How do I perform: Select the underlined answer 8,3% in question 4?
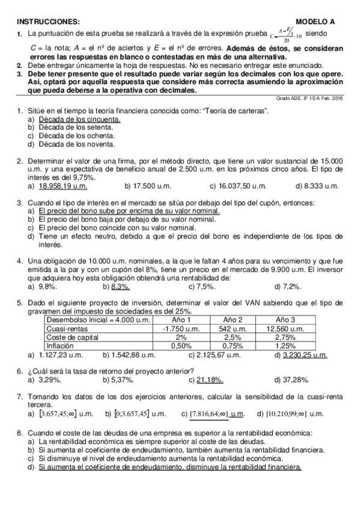coord(120,286)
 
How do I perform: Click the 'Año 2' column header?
coord(233,319)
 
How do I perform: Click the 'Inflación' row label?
coord(61,346)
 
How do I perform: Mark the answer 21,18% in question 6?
coord(210,380)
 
